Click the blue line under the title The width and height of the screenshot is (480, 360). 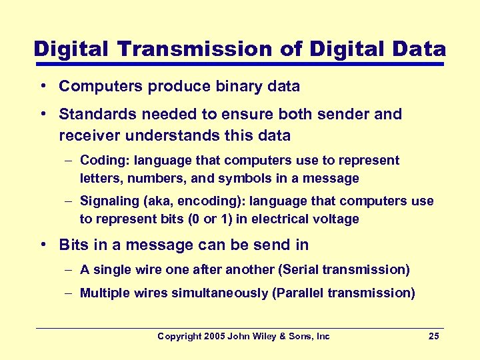[239, 65]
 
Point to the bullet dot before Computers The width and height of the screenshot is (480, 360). [42, 87]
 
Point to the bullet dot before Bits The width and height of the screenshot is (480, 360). [42, 245]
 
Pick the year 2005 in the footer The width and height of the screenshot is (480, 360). [213, 336]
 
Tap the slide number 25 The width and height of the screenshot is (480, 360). [433, 336]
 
